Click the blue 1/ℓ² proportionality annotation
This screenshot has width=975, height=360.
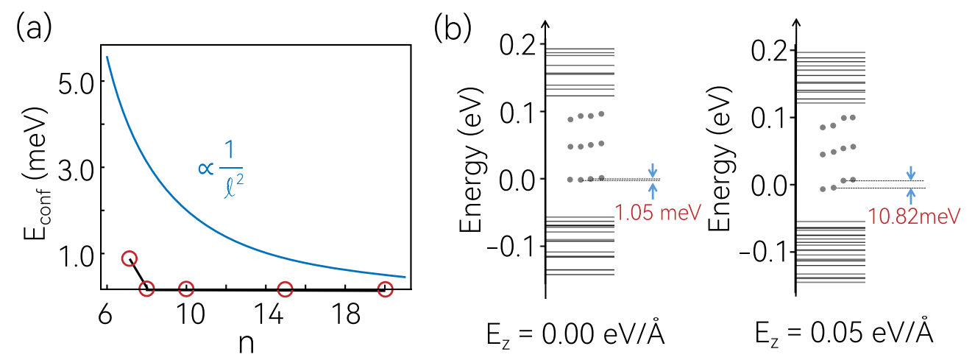(221, 169)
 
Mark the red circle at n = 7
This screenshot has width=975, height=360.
(130, 258)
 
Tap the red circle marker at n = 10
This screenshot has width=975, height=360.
(186, 289)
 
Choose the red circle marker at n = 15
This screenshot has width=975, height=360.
(285, 289)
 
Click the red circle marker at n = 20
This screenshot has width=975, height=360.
(384, 289)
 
